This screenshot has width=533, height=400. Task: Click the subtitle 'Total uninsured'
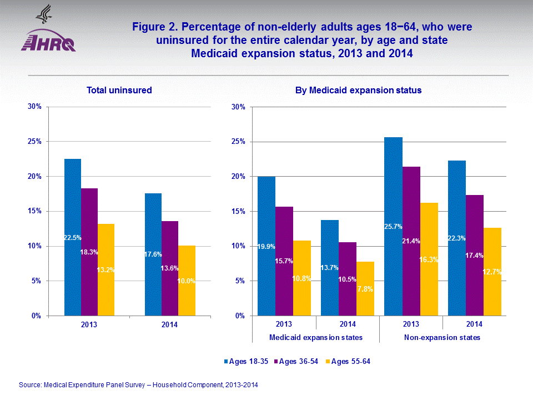pos(119,90)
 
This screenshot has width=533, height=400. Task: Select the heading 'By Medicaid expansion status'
pos(359,90)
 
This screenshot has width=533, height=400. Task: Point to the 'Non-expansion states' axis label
pos(443,337)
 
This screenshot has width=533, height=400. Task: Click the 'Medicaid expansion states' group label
pos(316,337)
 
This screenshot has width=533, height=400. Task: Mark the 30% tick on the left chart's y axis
pos(34,107)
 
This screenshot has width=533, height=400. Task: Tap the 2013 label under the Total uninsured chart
pos(89,324)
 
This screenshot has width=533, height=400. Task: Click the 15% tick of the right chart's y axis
pos(238,211)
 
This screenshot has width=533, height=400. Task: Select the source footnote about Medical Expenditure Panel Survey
pos(138,384)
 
